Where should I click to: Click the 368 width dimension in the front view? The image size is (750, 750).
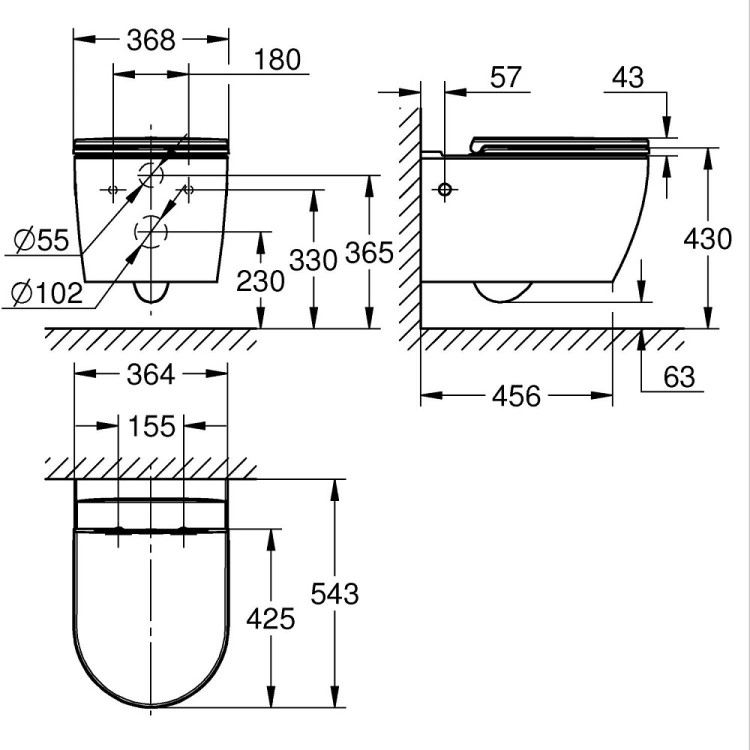151,40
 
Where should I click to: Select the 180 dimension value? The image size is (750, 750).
277,60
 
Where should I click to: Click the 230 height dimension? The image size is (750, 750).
260,281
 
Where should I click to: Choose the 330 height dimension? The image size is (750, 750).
314,258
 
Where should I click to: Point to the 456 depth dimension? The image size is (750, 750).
516,396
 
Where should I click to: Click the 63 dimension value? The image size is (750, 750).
678,376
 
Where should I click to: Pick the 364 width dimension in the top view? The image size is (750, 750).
151,374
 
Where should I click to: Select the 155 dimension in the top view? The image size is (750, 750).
151,426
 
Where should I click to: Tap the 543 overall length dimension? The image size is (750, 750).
334,593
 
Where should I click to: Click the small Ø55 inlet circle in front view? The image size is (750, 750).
151,175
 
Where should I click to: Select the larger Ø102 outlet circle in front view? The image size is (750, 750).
151,232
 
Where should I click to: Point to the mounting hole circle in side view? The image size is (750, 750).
445,189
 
